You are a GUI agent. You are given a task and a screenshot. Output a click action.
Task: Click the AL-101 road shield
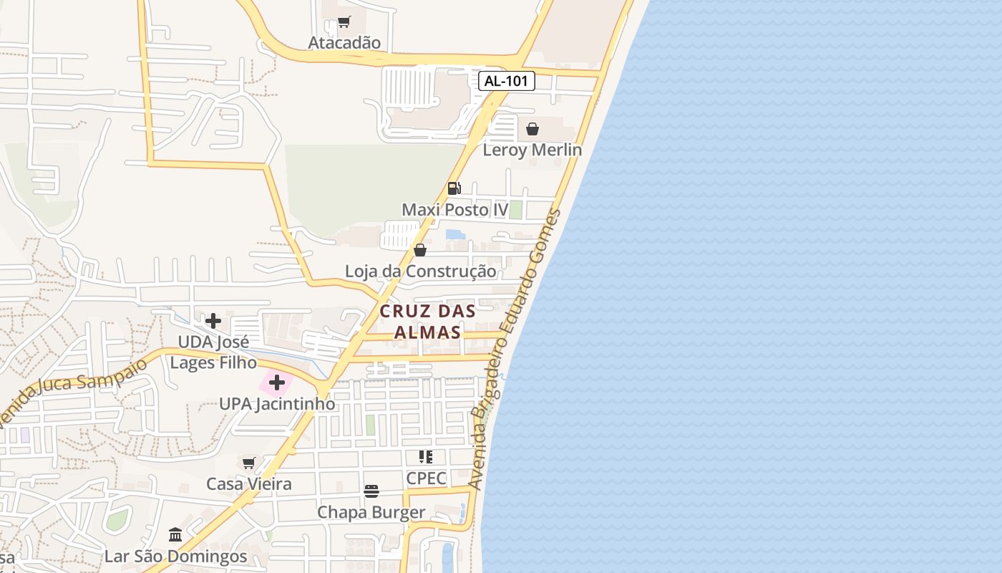pyautogui.click(x=507, y=81)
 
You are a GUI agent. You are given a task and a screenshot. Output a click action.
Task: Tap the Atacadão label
pyautogui.click(x=344, y=43)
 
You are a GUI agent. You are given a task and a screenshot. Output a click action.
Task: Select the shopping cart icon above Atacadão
pyautogui.click(x=344, y=22)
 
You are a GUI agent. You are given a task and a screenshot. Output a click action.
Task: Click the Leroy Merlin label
pyautogui.click(x=532, y=150)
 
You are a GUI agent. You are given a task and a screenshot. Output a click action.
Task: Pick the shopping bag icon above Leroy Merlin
pyautogui.click(x=532, y=129)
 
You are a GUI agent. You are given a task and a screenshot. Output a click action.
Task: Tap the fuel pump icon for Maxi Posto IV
pyautogui.click(x=454, y=188)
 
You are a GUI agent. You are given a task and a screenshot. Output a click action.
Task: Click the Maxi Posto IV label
pyautogui.click(x=454, y=210)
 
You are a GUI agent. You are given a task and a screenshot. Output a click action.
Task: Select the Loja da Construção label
pyautogui.click(x=420, y=271)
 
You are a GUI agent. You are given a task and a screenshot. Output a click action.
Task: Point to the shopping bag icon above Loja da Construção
pyautogui.click(x=420, y=250)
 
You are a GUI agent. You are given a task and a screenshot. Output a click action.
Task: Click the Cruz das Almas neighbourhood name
pyautogui.click(x=428, y=322)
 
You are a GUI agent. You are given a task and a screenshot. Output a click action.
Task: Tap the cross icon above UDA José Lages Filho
pyautogui.click(x=213, y=320)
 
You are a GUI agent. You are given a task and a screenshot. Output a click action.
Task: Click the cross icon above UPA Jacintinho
pyautogui.click(x=277, y=382)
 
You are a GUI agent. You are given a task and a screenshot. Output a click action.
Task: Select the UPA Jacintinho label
pyautogui.click(x=277, y=404)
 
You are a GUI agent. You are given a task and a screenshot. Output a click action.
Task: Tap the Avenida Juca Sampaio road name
pyautogui.click(x=72, y=390)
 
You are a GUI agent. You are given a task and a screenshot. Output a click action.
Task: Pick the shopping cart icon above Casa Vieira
pyautogui.click(x=248, y=463)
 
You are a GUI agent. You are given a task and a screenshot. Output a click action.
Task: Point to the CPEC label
pyautogui.click(x=426, y=478)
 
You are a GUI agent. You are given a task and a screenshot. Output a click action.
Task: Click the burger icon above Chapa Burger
pyautogui.click(x=371, y=491)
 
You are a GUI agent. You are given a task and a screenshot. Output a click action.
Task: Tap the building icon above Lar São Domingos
pyautogui.click(x=175, y=535)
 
